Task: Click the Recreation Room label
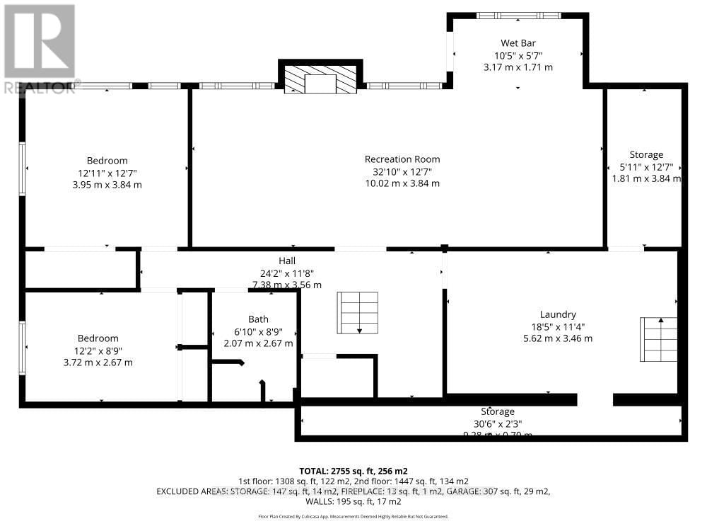pyautogui.click(x=402, y=159)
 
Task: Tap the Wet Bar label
pyautogui.click(x=518, y=42)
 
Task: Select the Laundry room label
pyautogui.click(x=558, y=314)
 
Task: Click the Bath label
pyautogui.click(x=258, y=319)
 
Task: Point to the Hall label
pyautogui.click(x=286, y=261)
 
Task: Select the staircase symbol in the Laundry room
pyautogui.click(x=657, y=340)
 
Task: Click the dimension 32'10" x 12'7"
pyautogui.click(x=402, y=171)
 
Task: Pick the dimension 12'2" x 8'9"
pyautogui.click(x=98, y=350)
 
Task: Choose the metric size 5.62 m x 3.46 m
pyautogui.click(x=558, y=338)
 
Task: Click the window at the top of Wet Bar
pyautogui.click(x=519, y=16)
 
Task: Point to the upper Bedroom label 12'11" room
pyautogui.click(x=107, y=161)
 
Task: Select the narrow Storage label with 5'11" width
pyautogui.click(x=646, y=155)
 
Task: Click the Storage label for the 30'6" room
pyautogui.click(x=498, y=411)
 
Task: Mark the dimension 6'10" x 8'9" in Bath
pyautogui.click(x=258, y=331)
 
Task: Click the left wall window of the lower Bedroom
pyautogui.click(x=23, y=348)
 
